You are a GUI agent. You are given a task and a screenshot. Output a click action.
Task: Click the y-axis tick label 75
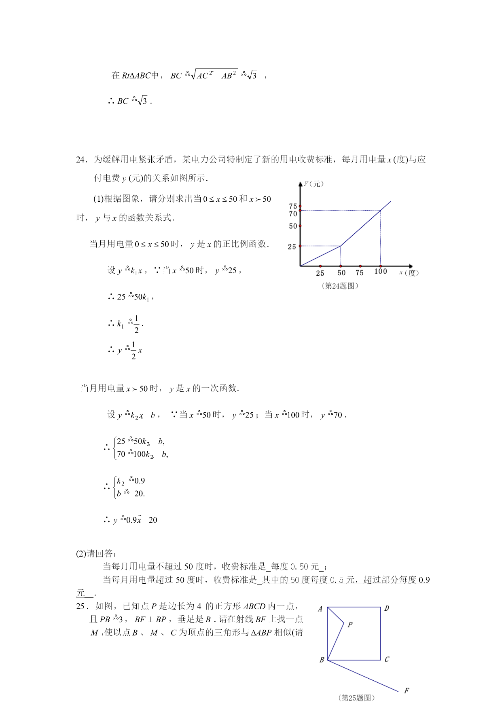coord(293,206)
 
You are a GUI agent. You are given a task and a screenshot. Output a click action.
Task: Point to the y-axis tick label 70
coord(293,214)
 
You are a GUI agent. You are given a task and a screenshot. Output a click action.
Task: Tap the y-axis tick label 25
coord(292,247)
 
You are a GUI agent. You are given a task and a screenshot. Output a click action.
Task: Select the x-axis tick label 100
coord(380,272)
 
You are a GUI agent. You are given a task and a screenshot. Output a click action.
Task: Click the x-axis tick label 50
coord(341,273)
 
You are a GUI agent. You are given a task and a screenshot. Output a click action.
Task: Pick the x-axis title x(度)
coord(409,272)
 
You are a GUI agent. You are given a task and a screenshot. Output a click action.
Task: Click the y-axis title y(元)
coord(314,184)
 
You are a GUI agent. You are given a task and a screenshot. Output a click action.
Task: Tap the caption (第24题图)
coord(340,286)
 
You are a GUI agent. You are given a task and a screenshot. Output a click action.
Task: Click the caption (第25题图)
coord(356,698)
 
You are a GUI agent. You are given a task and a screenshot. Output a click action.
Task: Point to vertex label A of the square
coord(320,609)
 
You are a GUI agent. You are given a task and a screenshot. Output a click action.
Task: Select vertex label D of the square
coord(387,608)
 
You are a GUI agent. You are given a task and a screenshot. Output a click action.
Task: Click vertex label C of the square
coord(387,659)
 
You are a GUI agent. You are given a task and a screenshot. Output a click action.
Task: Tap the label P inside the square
coord(350,625)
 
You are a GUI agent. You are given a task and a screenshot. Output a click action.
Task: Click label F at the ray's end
coord(407,690)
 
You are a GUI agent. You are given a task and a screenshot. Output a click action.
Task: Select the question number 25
coord(81,606)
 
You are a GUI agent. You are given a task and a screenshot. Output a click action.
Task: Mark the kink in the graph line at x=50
coord(341,246)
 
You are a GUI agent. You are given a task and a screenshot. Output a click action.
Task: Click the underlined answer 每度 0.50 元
coord(294,567)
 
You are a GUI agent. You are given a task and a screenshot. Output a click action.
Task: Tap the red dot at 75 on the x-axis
coord(360,266)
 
